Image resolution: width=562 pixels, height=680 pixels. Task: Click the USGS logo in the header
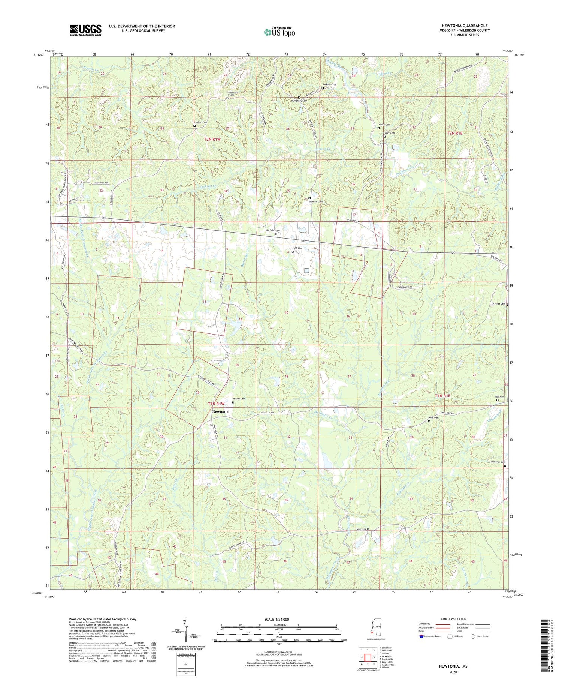point(85,30)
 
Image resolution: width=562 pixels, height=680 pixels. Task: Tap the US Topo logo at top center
point(279,32)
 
